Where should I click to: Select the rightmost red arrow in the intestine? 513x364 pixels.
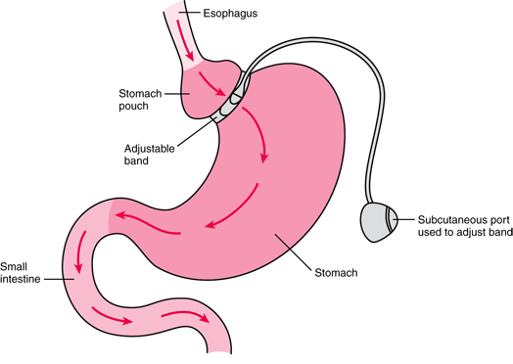(x=188, y=317)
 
